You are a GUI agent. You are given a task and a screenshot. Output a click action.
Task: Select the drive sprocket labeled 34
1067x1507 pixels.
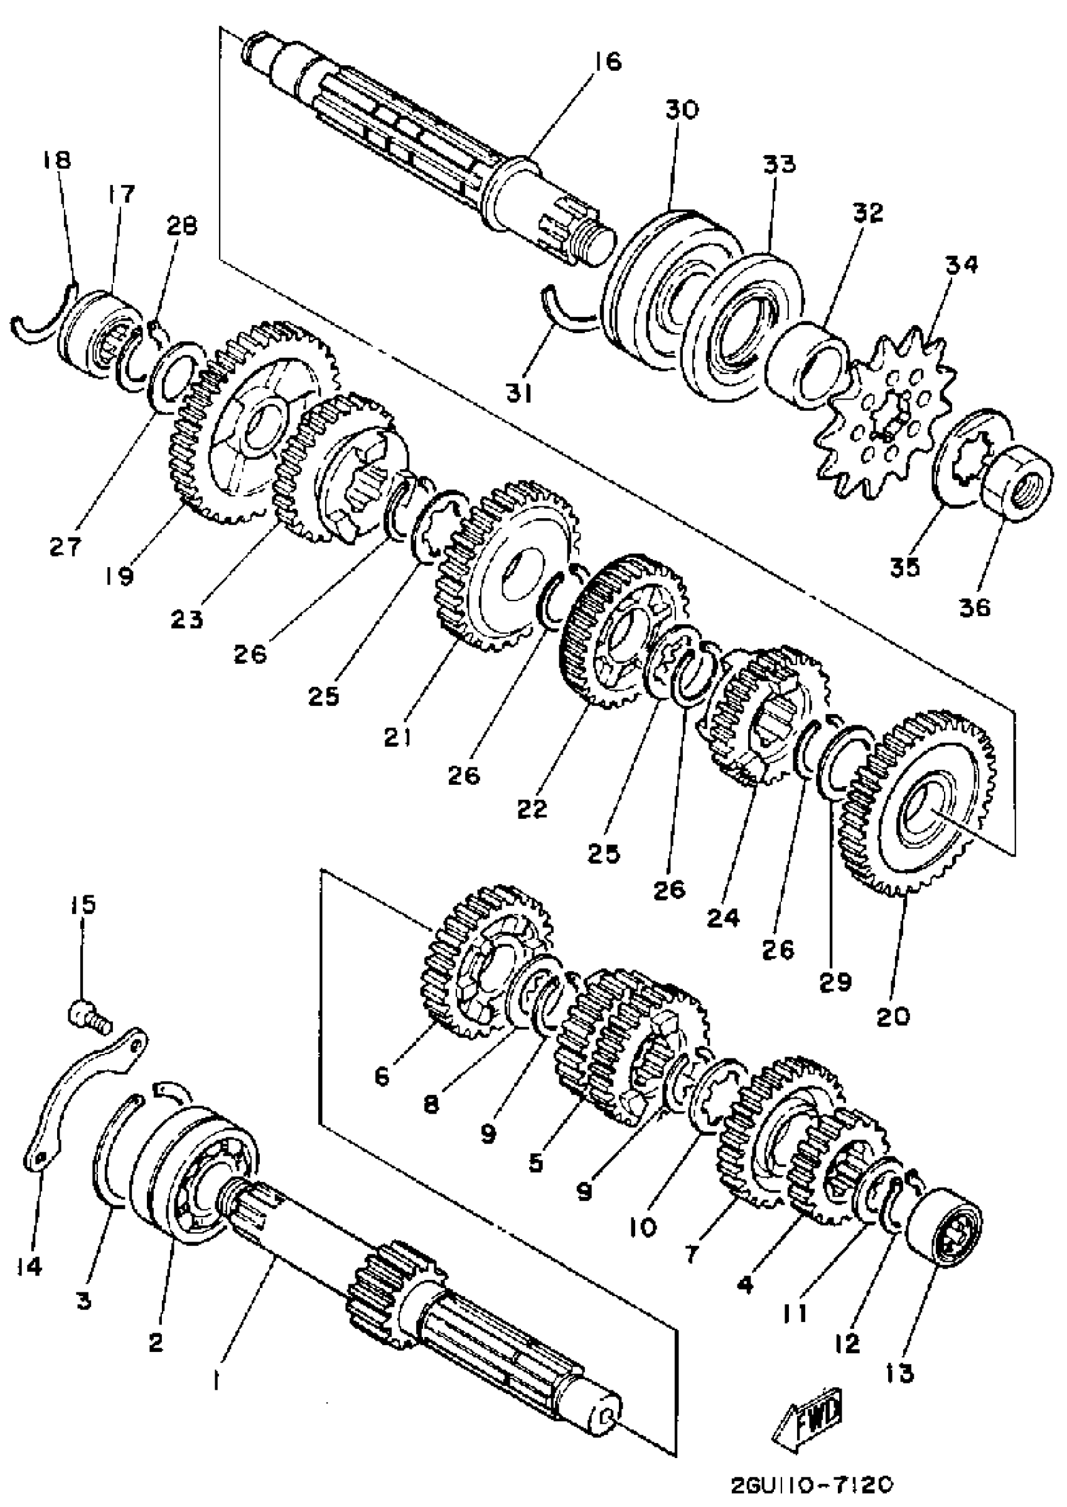pos(885,417)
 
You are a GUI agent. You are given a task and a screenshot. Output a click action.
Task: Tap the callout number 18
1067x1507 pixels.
pos(58,160)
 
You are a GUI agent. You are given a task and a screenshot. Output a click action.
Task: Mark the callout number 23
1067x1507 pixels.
pos(186,619)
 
